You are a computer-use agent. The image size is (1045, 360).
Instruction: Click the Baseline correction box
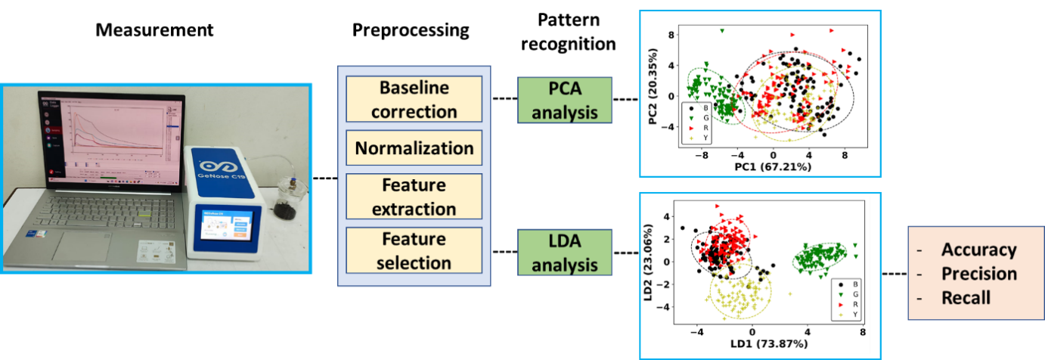[x=414, y=99]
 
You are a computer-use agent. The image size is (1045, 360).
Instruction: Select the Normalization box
[x=414, y=148]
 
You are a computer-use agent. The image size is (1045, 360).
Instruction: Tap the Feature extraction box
[x=414, y=197]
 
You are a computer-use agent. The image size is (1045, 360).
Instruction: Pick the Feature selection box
[x=414, y=251]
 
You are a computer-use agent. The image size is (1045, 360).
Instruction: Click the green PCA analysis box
[x=564, y=101]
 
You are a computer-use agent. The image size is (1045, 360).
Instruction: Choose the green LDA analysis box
[x=564, y=253]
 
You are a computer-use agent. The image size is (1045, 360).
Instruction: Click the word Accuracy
[x=978, y=250]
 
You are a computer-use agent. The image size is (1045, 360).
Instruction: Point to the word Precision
[x=978, y=274]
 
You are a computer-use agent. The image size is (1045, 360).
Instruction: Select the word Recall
[x=966, y=297]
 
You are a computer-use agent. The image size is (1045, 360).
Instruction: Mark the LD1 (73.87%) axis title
[x=769, y=343]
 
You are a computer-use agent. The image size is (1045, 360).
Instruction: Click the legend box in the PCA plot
[x=696, y=123]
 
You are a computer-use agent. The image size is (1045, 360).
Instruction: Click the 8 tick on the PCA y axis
[x=668, y=35]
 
